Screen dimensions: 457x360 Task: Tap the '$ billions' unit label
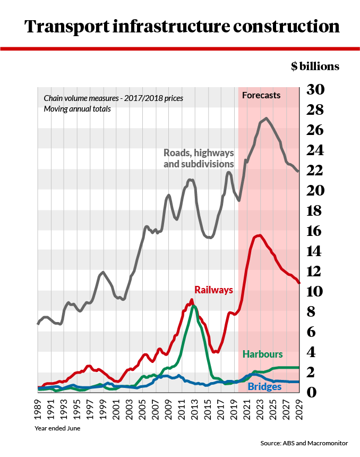pyautogui.click(x=314, y=66)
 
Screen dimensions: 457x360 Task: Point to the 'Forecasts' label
pyautogui.click(x=261, y=96)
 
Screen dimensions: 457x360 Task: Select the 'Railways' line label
pyautogui.click(x=213, y=290)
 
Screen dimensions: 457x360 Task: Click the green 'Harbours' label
pyautogui.click(x=262, y=354)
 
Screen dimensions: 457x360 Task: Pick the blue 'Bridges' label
pyautogui.click(x=264, y=387)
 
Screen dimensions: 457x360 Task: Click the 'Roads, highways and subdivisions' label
pyautogui.click(x=198, y=158)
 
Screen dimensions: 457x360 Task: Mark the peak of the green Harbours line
pyautogui.click(x=194, y=306)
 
